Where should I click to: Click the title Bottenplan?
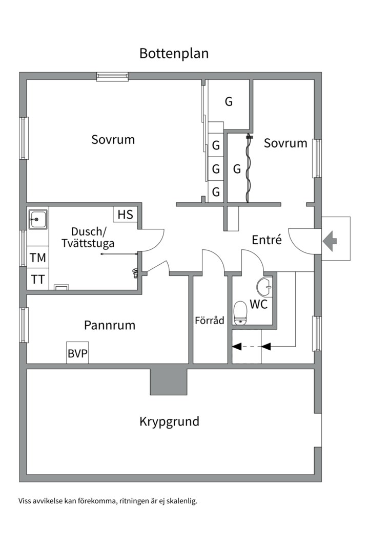174,54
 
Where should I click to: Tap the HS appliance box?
125,215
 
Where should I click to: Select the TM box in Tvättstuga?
37,258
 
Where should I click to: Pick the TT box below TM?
37,280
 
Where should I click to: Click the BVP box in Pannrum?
77,353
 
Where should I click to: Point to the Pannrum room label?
110,325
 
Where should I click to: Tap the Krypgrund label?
169,422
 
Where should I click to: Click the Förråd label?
210,321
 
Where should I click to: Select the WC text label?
258,304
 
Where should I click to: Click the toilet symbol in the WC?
240,313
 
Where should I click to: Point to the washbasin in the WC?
265,287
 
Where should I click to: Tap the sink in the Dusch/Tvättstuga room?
37,220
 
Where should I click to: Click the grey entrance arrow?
330,239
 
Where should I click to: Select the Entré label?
267,240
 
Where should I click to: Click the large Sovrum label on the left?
113,139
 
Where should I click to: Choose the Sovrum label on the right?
285,143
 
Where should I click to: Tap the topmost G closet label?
229,101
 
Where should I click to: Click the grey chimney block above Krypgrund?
168,381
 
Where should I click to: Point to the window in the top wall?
112,76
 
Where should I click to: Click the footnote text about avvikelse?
108,501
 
